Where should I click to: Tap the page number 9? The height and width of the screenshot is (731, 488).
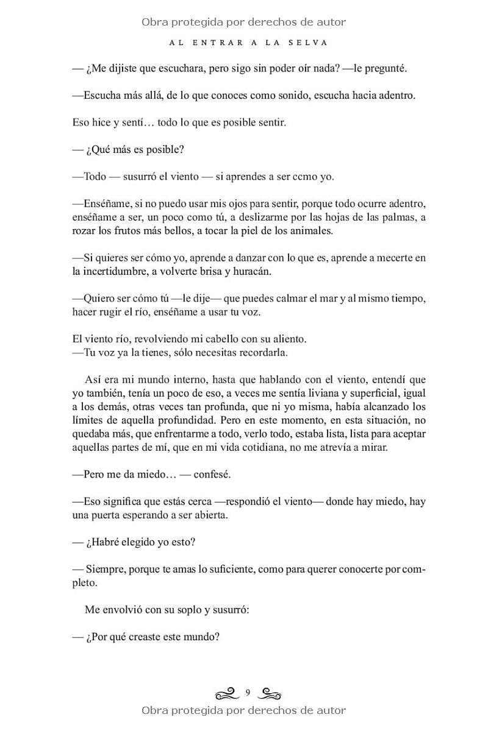click(248, 692)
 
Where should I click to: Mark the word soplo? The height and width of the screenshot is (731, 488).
click(187, 610)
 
